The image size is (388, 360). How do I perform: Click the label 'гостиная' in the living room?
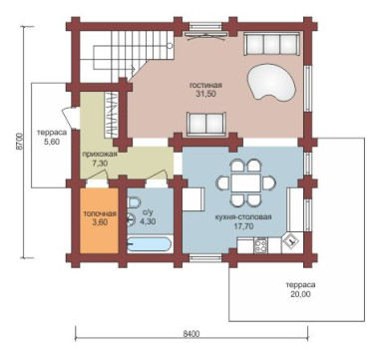pos(205,85)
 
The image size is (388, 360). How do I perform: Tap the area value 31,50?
pos(205,94)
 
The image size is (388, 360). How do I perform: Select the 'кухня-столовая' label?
pos(243,217)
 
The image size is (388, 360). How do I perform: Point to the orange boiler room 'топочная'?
pos(100,221)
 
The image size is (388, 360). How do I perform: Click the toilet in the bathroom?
pos(134,202)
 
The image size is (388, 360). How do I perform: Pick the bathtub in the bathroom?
pos(150,244)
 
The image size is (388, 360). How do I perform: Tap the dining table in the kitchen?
pos(246,182)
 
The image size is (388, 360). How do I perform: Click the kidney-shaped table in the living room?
pos(271,82)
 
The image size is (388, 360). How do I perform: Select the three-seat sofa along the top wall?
pos(272,44)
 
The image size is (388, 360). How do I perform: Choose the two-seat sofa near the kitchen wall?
pos(205,124)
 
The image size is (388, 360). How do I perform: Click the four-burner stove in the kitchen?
pos(260,246)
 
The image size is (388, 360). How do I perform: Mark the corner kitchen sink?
pos(291,242)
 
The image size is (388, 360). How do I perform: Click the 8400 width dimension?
pos(192,334)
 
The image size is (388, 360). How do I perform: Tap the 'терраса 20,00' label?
pos(300,289)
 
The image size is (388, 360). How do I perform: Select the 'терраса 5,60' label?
pos(52,137)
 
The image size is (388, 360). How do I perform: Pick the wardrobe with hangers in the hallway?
pos(111,115)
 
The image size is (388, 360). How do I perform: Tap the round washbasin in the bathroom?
pos(132,218)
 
